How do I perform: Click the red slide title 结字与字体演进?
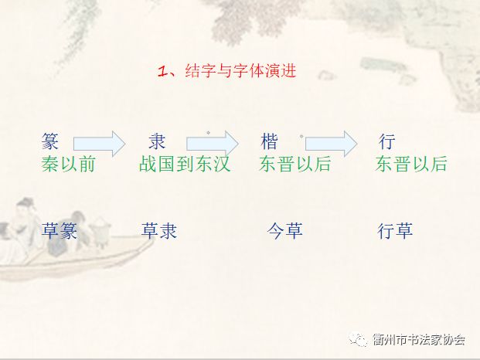(240, 71)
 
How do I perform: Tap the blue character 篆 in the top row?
(50, 141)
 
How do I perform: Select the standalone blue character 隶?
(157, 141)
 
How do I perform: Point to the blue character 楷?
(269, 141)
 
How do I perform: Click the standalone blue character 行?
(387, 141)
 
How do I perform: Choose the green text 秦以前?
(68, 164)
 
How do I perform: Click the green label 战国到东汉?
(185, 164)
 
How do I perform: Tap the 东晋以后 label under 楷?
(295, 164)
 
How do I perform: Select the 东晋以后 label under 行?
(411, 164)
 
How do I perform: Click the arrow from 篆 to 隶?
(100, 144)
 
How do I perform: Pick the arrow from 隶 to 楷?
(213, 144)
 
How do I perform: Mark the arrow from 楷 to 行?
(332, 144)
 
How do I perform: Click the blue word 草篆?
(59, 231)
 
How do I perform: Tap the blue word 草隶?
(159, 231)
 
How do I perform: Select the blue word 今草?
(285, 231)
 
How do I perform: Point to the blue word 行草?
(395, 231)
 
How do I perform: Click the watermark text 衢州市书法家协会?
(420, 340)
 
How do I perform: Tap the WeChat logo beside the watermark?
(358, 339)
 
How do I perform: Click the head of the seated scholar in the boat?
(25, 205)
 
